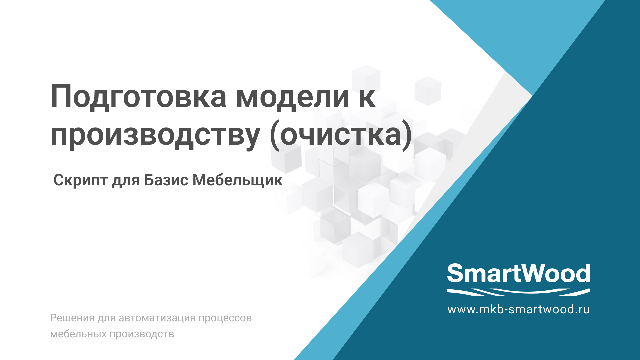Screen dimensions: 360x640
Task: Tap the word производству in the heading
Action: [155, 135]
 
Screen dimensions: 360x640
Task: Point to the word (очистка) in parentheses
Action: [341, 135]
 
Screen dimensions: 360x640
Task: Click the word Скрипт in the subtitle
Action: [80, 180]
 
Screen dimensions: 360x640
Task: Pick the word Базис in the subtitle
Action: [166, 180]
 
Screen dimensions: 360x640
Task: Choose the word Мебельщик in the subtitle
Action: [237, 180]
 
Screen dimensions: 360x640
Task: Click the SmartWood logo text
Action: [518, 273]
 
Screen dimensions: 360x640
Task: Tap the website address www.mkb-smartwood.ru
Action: [518, 309]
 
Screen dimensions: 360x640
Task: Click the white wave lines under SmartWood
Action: [518, 292]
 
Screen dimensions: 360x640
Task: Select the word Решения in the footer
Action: [72, 318]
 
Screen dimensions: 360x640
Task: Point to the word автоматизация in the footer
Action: [157, 318]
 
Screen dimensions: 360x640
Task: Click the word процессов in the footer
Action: [225, 318]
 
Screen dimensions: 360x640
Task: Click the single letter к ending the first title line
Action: [367, 98]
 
